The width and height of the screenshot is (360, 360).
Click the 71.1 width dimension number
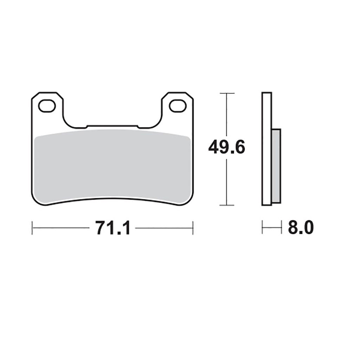point(113,228)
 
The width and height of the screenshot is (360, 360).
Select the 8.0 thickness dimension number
point(301,227)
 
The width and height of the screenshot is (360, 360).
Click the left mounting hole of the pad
point(47,106)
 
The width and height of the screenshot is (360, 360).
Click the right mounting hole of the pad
point(178,106)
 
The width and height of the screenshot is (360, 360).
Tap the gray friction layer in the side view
point(276,166)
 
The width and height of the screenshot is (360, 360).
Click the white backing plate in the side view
point(267,149)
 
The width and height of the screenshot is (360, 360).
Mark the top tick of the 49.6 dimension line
point(227,93)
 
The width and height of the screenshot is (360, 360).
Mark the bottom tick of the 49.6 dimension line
point(227,205)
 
